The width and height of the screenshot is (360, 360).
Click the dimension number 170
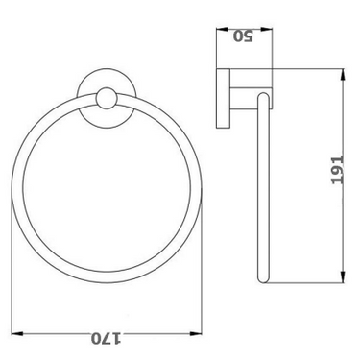107,338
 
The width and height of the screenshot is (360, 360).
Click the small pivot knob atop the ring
108,97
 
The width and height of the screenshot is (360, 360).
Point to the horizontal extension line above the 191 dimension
298,68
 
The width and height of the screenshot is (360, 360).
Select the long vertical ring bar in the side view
260,192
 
